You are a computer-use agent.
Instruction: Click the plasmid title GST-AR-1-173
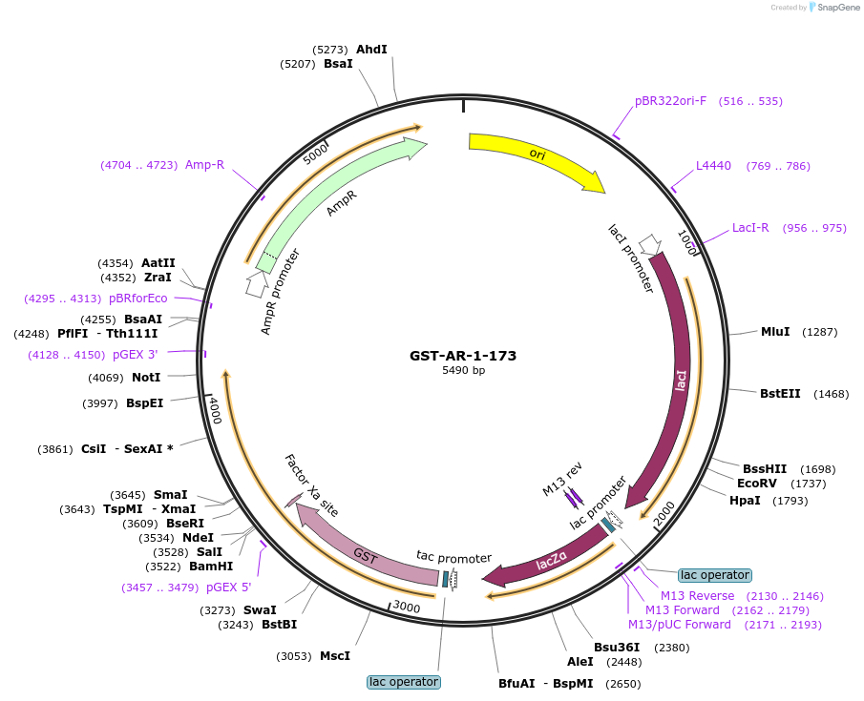point(463,356)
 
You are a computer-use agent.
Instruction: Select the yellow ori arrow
point(535,156)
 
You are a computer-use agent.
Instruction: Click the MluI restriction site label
point(775,332)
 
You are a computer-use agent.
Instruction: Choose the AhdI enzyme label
point(371,49)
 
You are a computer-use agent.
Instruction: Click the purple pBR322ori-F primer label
point(670,101)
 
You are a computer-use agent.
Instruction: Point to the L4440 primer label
point(713,166)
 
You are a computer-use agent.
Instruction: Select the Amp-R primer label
point(204,164)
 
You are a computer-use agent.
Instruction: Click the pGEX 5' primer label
point(228,587)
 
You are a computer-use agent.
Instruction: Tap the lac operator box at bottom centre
point(403,682)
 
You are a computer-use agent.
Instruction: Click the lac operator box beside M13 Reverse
point(714,575)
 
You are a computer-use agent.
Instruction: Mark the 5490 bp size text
point(463,371)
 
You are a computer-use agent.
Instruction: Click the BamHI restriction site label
point(210,567)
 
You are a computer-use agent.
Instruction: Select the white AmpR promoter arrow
point(256,283)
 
